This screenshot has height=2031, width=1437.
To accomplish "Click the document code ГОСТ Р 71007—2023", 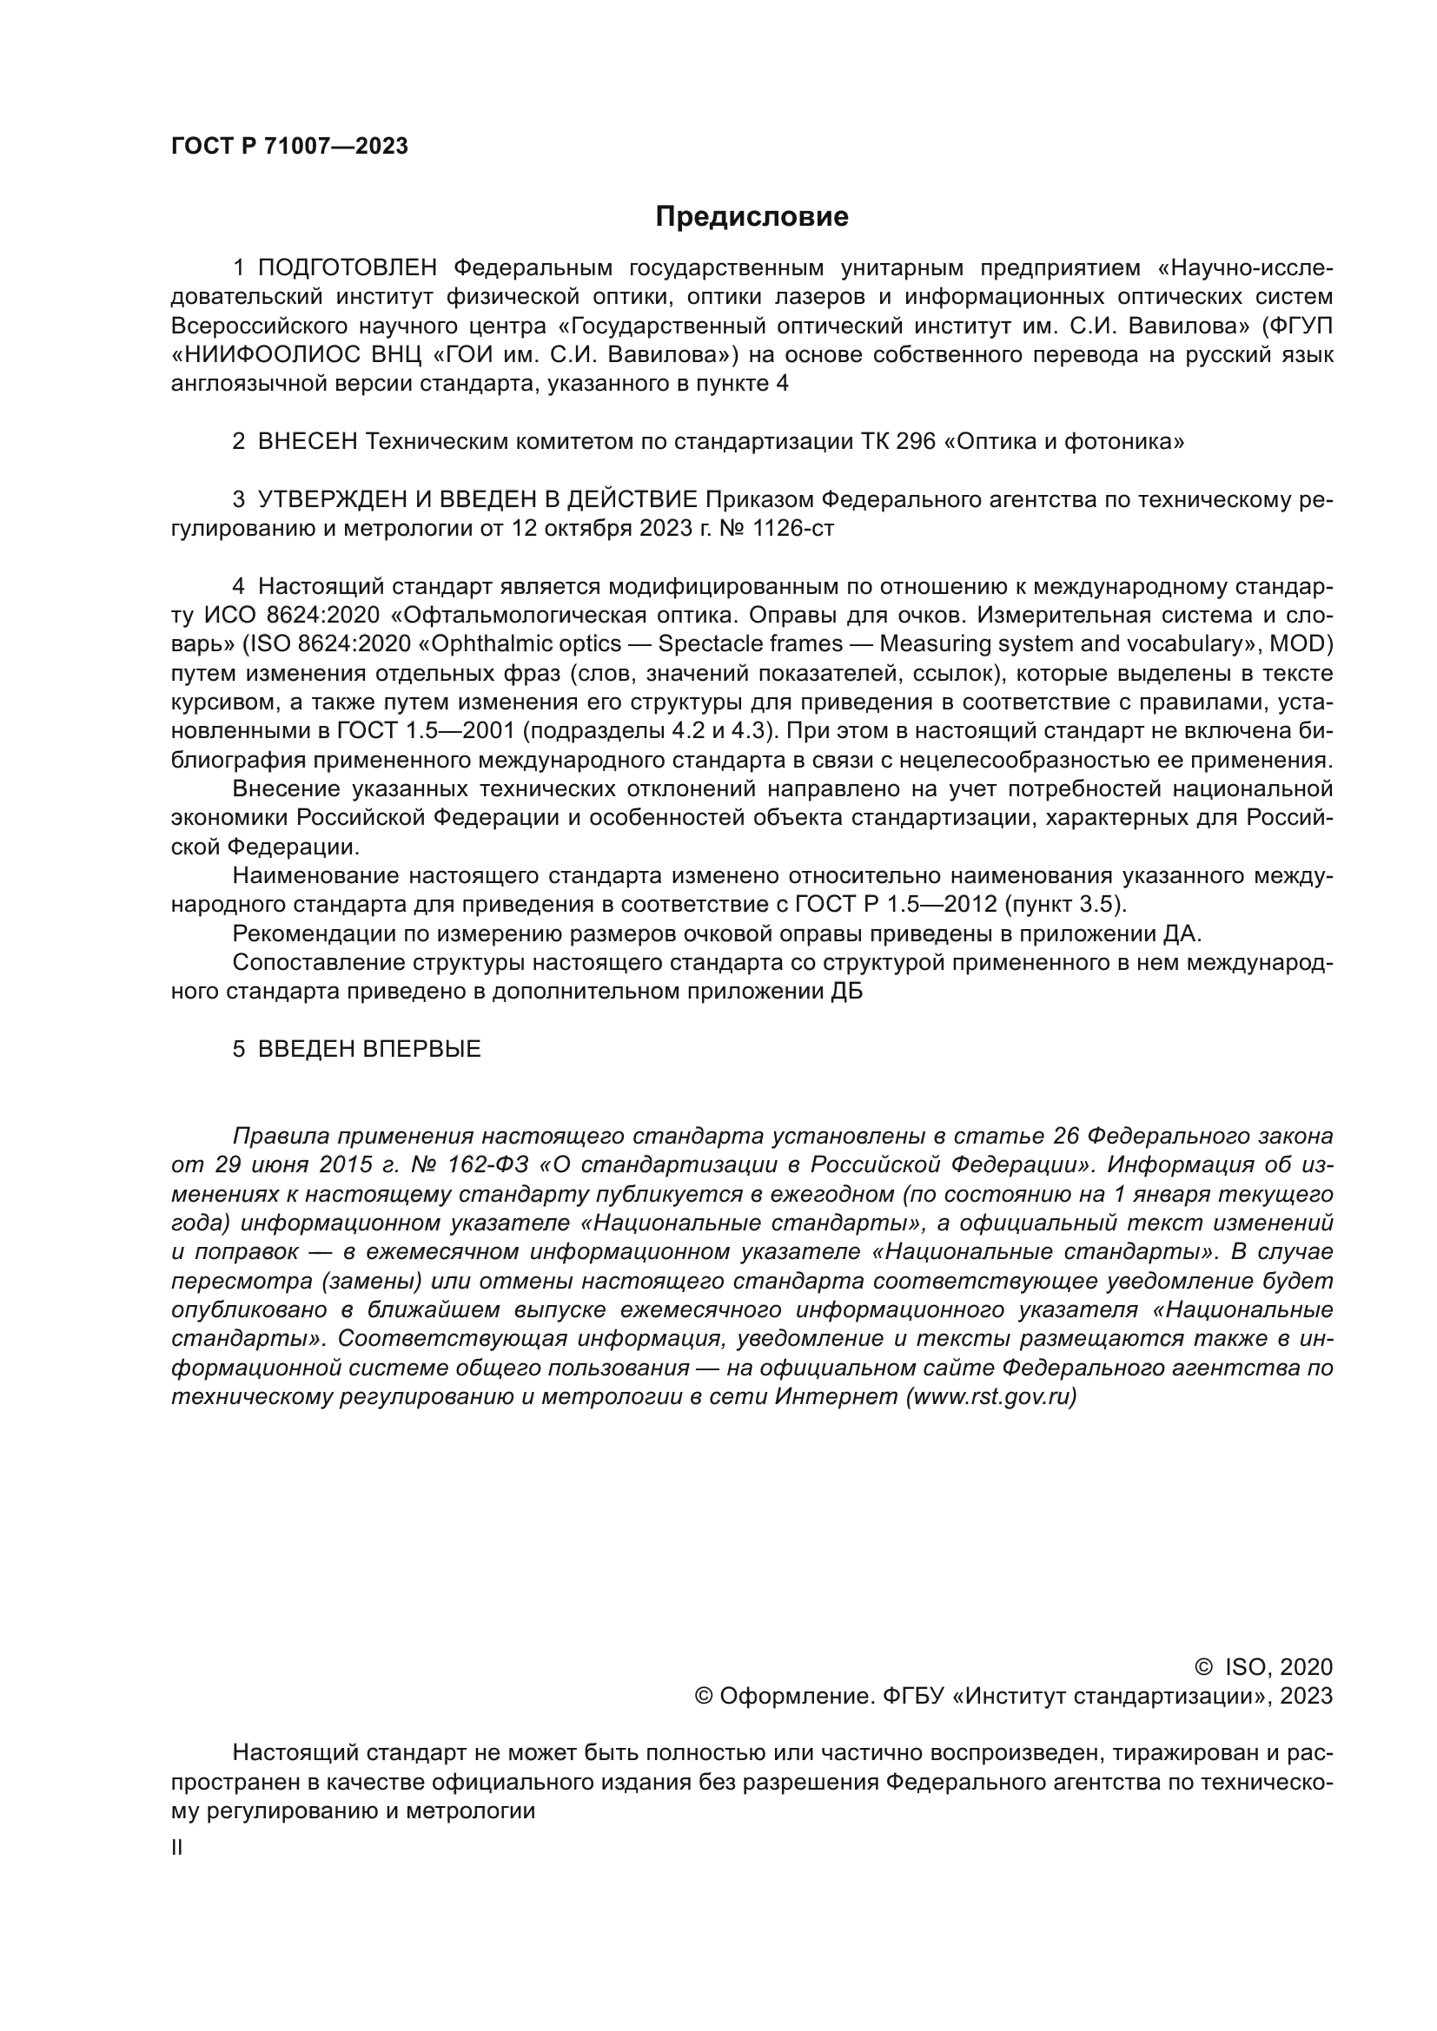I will pos(289,147).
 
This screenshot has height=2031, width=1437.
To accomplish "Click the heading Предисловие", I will pos(752,217).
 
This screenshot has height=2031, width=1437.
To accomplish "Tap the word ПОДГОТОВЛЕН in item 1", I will pos(347,268).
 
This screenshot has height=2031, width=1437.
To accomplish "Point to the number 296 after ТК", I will pos(915,441).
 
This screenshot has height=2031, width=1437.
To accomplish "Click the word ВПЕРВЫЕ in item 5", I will pos(422,1049).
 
